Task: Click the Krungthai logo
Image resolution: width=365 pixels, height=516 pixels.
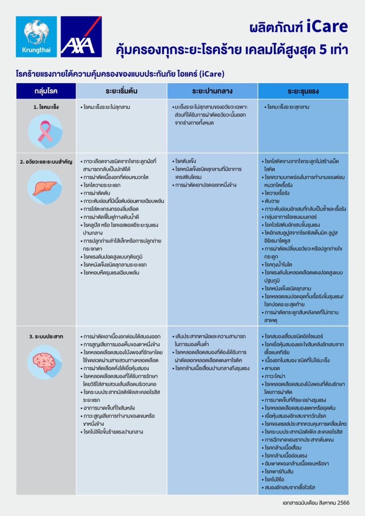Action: point(36,36)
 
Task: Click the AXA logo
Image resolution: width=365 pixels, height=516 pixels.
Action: point(81,36)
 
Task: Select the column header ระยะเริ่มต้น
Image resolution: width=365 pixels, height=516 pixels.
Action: point(121,91)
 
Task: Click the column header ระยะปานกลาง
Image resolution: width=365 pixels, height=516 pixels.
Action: point(212,91)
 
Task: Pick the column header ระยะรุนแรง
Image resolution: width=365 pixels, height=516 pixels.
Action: point(303,91)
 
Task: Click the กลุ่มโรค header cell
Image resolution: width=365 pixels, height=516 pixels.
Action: point(46,91)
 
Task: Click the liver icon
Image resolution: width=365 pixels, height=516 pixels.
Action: point(45,187)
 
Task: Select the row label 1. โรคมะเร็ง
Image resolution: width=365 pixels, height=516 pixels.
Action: point(45,107)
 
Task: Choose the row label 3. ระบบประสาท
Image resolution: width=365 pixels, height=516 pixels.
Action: point(45,336)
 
